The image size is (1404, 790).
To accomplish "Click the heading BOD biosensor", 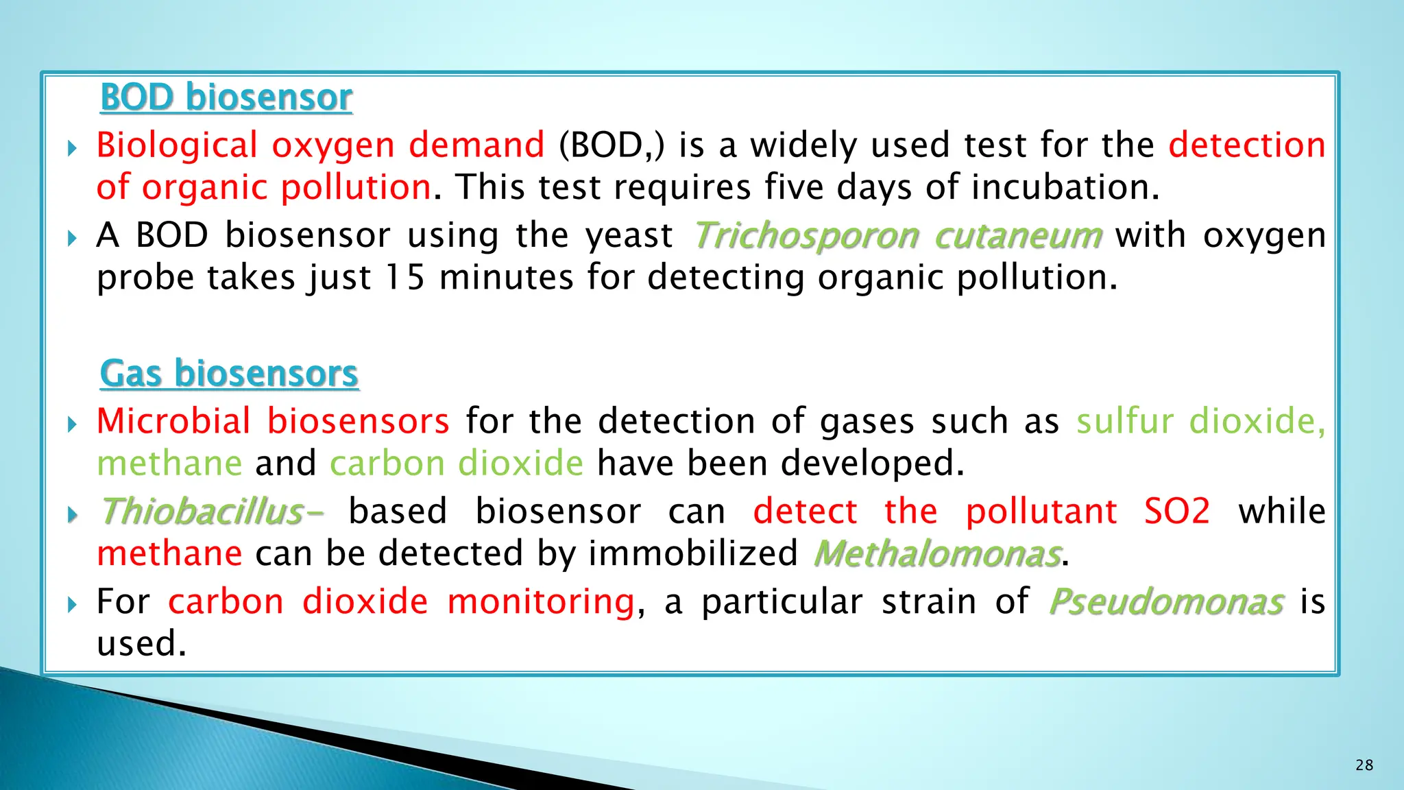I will click(x=226, y=97).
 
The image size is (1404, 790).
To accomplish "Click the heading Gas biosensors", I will click(x=229, y=374).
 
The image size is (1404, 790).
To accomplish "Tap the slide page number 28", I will click(x=1364, y=765).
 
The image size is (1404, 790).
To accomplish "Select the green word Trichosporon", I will click(x=806, y=236).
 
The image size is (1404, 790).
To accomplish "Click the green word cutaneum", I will click(x=1018, y=236).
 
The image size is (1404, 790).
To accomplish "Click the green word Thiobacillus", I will click(x=203, y=512).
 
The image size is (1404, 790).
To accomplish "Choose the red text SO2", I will click(x=1177, y=512).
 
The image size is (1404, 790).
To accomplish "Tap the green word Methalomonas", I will click(x=937, y=554).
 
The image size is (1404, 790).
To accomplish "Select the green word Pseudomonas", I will click(x=1165, y=602).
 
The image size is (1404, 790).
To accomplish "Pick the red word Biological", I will click(x=177, y=145).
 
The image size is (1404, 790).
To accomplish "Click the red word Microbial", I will click(x=173, y=421).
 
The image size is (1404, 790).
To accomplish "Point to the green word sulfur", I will click(x=1124, y=421).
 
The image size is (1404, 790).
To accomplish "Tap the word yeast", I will click(x=629, y=236).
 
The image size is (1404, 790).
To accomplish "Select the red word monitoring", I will click(x=541, y=602).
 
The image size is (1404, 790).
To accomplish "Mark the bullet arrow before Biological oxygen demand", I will click(x=73, y=147).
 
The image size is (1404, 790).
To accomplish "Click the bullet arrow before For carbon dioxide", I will click(x=73, y=604).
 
